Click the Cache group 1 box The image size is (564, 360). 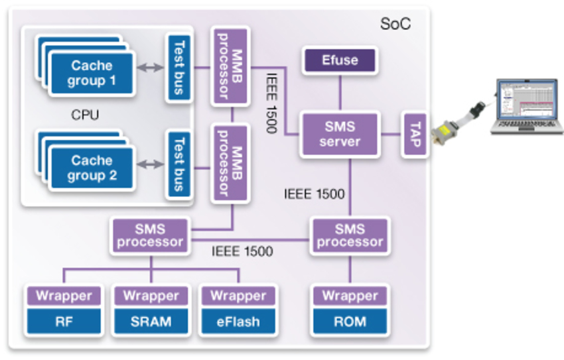point(92,74)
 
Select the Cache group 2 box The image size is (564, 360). point(92,168)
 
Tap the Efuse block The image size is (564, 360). point(340,60)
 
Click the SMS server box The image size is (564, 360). point(340,134)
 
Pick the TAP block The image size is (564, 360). point(415,134)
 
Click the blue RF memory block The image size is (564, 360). point(64,322)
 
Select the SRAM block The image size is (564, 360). point(151,322)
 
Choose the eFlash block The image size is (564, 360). point(238,322)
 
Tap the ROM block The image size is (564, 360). point(350,322)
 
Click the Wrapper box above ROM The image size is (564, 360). point(350,296)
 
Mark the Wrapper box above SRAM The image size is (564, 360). point(151,296)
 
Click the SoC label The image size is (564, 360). point(395,25)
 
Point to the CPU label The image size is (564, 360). point(85,115)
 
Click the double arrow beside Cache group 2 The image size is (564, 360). point(149,164)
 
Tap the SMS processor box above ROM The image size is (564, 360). point(350,235)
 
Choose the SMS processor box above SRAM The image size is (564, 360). point(150,235)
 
